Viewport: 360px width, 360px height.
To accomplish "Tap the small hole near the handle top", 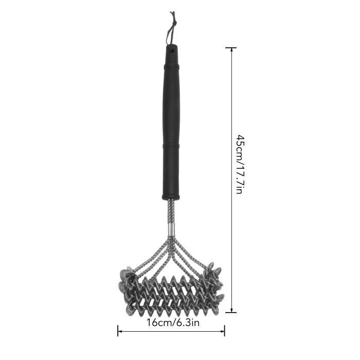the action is click(x=171, y=49).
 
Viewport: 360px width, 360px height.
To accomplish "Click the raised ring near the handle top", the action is click(x=171, y=67).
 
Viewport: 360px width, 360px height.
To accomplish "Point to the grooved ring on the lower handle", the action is click(x=171, y=146).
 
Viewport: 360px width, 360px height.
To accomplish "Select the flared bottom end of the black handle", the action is click(x=171, y=197).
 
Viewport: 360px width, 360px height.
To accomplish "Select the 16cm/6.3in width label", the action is click(x=173, y=323).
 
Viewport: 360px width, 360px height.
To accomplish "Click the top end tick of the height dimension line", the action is click(x=231, y=48).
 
